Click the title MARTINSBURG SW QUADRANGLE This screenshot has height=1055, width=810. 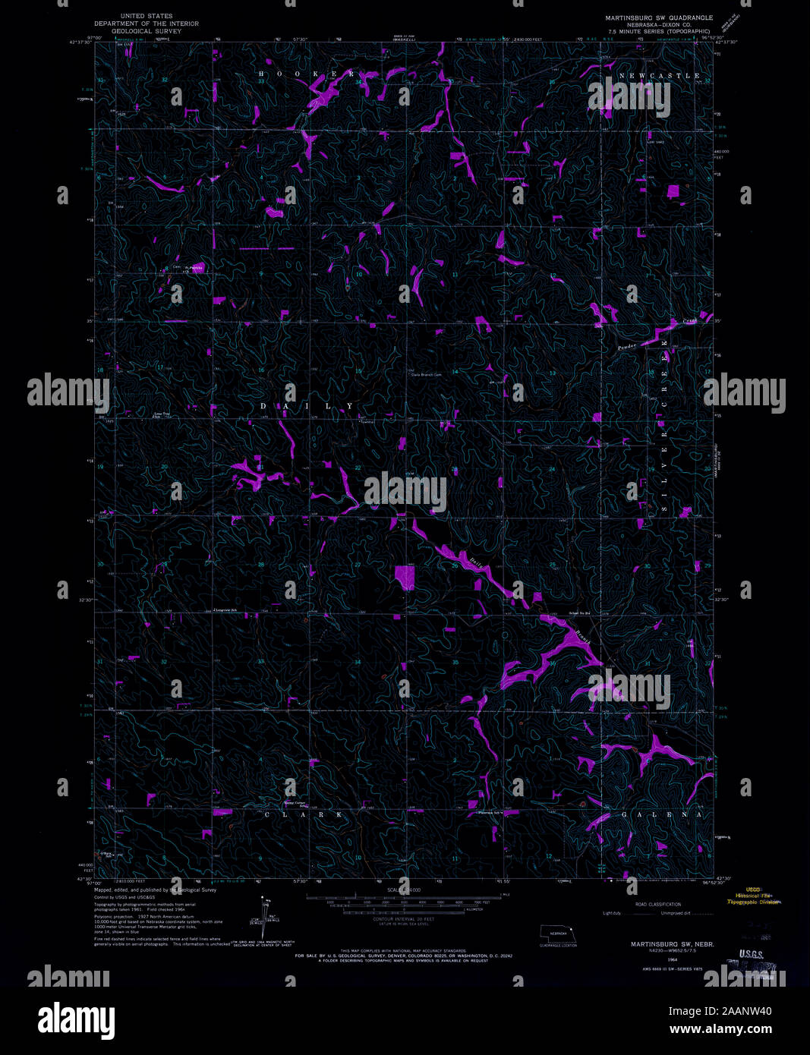[658, 17]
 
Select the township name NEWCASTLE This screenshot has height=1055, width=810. [659, 76]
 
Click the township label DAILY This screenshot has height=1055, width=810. [307, 406]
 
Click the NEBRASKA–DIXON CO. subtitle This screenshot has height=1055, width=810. [658, 24]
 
